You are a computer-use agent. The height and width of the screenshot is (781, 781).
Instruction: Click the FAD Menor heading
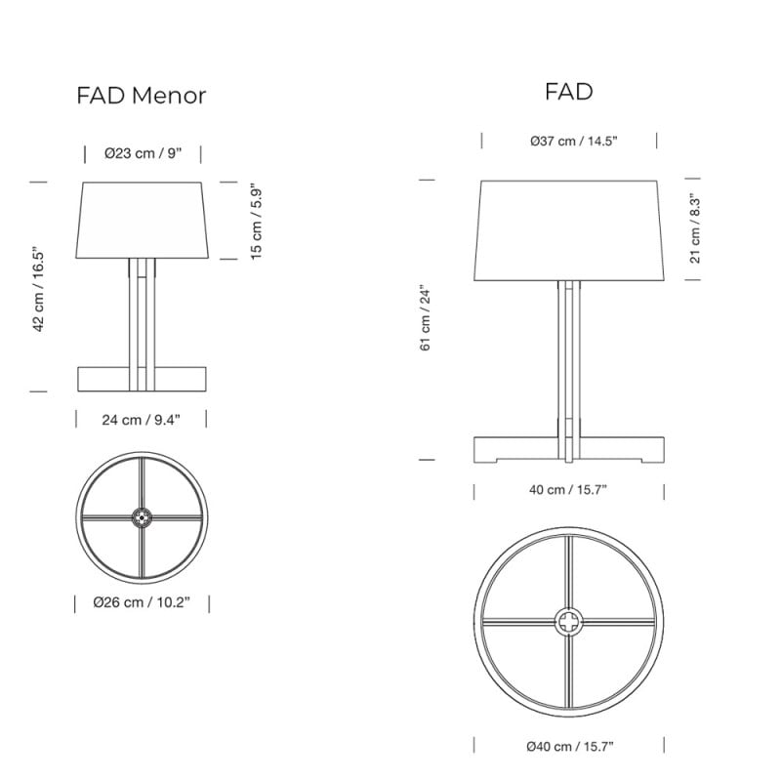coord(142,96)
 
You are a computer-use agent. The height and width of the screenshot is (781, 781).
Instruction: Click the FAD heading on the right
coord(569,92)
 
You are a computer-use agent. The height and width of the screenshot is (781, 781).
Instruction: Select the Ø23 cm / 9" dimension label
coord(143,153)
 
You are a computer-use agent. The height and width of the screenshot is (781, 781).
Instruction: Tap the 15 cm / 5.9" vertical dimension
coord(257,221)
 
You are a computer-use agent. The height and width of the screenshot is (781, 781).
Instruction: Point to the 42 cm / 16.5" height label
coord(40,288)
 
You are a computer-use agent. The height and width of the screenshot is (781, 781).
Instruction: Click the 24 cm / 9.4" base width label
coord(142,419)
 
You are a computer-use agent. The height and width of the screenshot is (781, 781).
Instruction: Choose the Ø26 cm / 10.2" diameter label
coord(143,602)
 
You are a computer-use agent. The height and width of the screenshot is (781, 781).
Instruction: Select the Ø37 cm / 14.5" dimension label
coord(569,141)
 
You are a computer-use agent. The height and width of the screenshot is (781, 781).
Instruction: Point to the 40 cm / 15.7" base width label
coord(569,489)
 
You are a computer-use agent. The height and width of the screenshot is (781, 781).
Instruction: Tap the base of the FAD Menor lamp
coord(107,378)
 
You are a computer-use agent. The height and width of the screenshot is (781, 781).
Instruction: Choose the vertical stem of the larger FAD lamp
coord(569,361)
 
